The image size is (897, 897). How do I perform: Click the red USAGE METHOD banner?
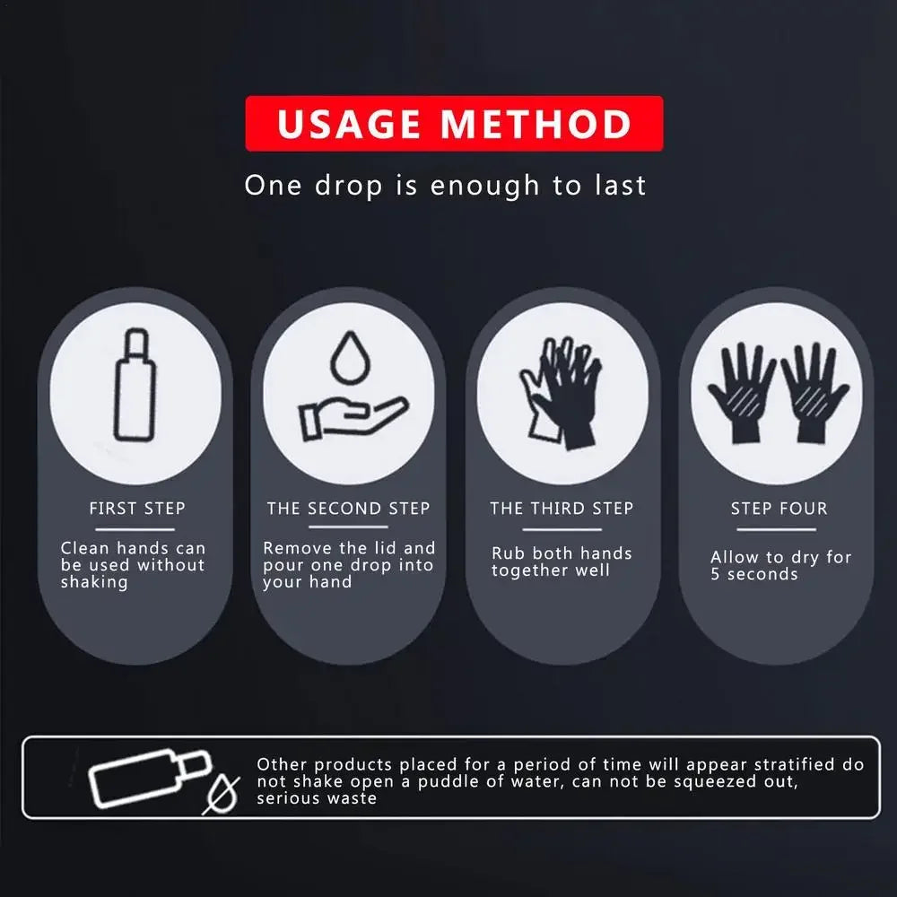click(x=454, y=124)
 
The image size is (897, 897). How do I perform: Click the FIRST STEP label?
click(x=137, y=509)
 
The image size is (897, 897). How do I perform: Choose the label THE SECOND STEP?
click(x=348, y=509)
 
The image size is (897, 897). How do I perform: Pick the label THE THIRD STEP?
click(x=562, y=509)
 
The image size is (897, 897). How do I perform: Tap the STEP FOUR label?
click(x=779, y=509)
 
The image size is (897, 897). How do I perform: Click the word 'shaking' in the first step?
click(x=94, y=582)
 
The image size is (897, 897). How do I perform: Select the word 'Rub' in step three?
click(x=508, y=553)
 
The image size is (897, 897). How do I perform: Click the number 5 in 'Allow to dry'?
click(x=716, y=575)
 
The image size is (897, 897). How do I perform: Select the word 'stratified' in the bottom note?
click(x=798, y=764)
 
